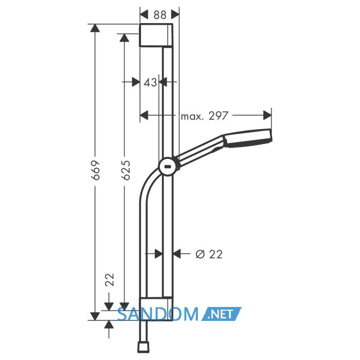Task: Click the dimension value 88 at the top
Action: click(160, 15)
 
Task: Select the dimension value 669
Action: click(96, 170)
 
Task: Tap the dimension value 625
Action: click(125, 170)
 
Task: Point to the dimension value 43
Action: click(150, 82)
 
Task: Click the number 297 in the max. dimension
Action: click(219, 116)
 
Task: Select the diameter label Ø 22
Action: click(209, 254)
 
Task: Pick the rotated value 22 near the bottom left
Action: click(110, 280)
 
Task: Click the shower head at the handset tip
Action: click(248, 138)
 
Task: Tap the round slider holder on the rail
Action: click(168, 167)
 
